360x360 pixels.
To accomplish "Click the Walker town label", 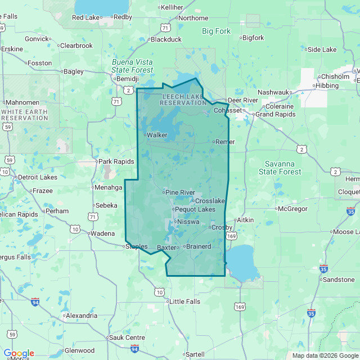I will tap(157, 135).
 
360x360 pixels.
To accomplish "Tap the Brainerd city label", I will tap(198, 246).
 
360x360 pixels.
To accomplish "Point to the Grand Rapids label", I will tap(276, 114).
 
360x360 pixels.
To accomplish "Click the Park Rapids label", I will tap(116, 161).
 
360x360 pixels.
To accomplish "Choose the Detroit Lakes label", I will tap(38, 177).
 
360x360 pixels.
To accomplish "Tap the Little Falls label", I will tap(184, 301).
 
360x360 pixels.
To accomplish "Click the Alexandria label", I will tap(82, 316).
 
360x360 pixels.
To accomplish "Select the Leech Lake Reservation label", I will tap(184, 100).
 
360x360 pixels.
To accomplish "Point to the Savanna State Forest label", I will tap(283, 168).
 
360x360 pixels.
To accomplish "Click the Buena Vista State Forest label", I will tap(132, 66).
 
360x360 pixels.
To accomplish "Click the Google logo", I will tap(19, 353).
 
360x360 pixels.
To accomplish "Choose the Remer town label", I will tap(225, 142).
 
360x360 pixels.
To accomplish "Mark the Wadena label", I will tap(102, 233).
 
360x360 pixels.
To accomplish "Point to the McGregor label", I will tap(294, 209).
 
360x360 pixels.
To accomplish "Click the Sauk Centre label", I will tap(127, 337).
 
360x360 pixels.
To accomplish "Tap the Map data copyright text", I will tap(325, 355).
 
